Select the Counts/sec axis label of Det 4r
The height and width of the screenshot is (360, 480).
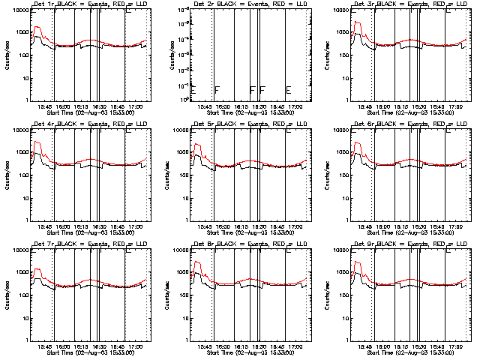(6, 173)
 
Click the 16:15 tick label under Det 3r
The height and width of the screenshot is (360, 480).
(399, 107)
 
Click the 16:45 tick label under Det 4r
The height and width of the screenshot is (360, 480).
(117, 226)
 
